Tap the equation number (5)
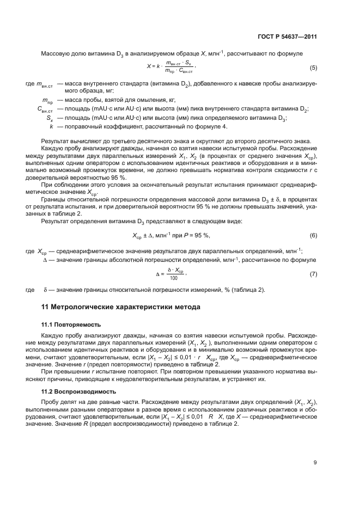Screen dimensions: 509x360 [x=313, y=68]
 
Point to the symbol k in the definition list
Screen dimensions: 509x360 [x=51, y=126]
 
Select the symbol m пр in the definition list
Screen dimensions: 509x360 [x=47, y=101]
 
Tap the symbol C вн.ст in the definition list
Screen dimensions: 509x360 [x=45, y=109]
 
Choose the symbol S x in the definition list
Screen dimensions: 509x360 [x=49, y=118]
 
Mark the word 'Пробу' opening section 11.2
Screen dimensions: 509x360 [x=51, y=402]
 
